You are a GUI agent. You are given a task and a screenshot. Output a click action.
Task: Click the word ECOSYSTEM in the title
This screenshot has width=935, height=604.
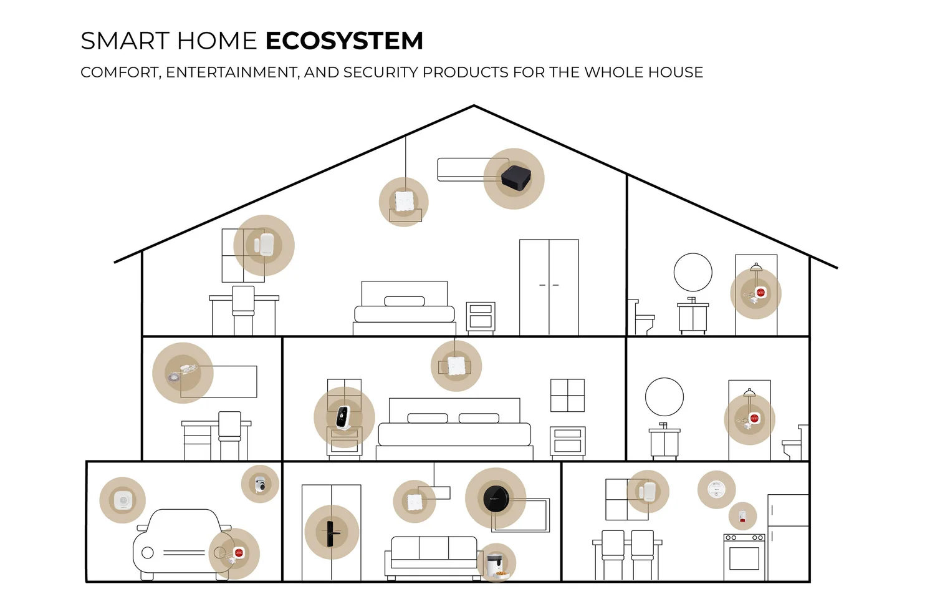344,41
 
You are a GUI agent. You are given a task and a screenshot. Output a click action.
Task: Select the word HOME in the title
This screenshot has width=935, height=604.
216,41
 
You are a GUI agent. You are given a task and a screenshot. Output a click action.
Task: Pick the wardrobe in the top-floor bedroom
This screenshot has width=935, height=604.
549,287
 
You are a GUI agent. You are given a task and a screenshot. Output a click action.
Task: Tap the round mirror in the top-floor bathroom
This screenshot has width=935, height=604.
693,272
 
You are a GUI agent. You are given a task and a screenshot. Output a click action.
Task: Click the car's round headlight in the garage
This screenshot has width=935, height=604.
148,552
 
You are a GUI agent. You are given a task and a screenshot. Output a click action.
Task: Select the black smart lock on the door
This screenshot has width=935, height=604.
331,532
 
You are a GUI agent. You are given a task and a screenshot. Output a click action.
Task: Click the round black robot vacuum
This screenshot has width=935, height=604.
496,497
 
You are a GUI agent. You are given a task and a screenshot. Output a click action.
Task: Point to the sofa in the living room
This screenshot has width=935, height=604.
433,555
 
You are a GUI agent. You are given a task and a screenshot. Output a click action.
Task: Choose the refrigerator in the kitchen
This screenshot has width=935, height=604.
788,537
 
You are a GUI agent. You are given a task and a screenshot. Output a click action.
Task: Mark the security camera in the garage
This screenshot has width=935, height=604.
260,484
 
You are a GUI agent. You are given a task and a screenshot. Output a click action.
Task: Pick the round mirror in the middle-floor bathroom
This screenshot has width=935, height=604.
664,397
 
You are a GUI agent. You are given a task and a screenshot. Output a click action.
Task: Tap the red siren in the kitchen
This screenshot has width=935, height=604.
742,516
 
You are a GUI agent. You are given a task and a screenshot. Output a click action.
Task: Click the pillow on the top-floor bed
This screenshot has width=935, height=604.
404,301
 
